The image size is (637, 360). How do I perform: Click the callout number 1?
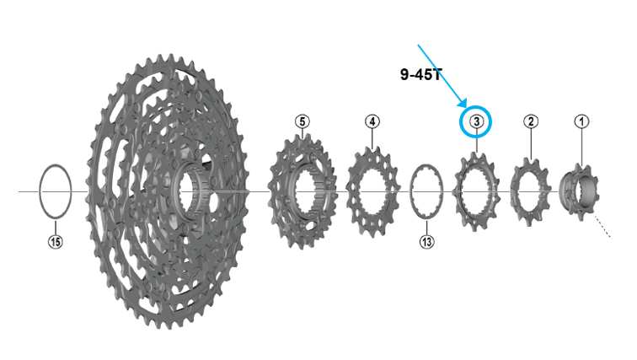[581, 121]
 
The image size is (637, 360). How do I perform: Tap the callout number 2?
[531, 121]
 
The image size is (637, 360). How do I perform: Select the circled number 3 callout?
[476, 121]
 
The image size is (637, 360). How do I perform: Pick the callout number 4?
[372, 121]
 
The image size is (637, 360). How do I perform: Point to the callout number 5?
[302, 121]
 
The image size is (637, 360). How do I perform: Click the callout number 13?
[426, 242]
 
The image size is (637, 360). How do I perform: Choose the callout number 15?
[56, 242]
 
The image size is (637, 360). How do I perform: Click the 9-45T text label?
[420, 74]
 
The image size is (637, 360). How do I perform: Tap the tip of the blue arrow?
[467, 108]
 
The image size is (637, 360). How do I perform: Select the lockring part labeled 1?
[578, 191]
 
